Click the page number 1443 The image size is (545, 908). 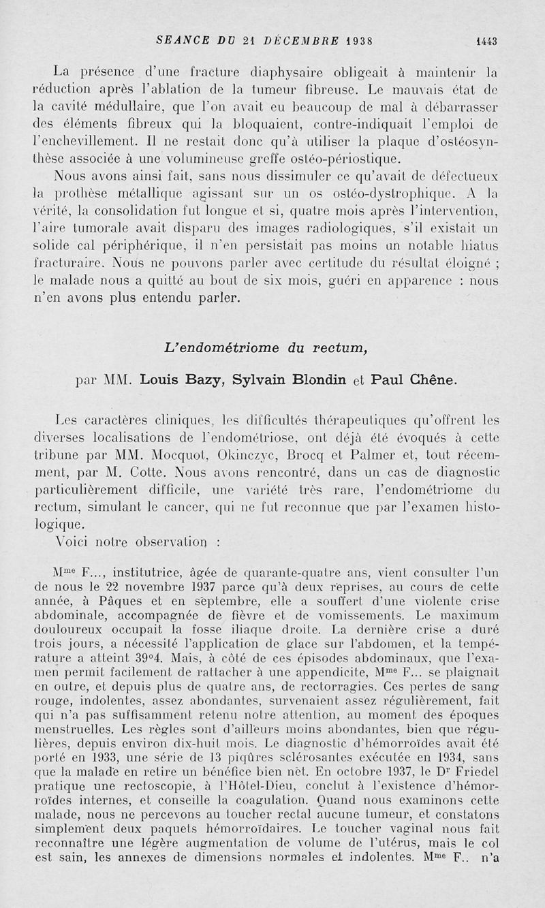coord(486,40)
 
